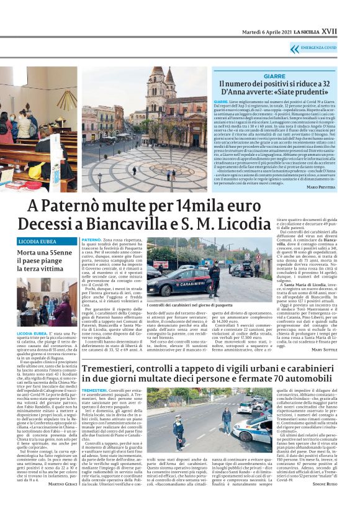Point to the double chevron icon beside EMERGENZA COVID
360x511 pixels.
[294, 48]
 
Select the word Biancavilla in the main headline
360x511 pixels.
[135, 224]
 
